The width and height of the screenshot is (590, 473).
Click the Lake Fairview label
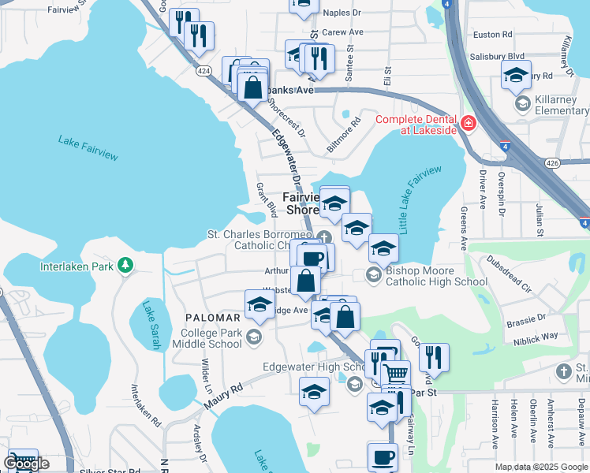[88, 147]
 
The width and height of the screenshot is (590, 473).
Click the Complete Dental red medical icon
[469, 124]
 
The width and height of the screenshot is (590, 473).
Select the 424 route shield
[204, 71]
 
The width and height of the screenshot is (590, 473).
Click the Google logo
[26, 464]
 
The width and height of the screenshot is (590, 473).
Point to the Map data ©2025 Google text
[540, 467]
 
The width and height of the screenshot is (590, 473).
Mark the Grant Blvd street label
[266, 199]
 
